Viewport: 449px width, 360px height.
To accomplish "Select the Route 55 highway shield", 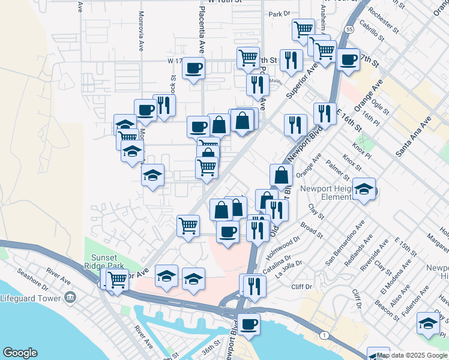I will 349,28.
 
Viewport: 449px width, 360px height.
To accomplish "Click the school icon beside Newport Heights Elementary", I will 364,190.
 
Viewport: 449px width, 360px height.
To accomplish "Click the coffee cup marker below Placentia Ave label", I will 193,69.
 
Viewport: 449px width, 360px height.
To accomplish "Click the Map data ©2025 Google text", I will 412,355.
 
